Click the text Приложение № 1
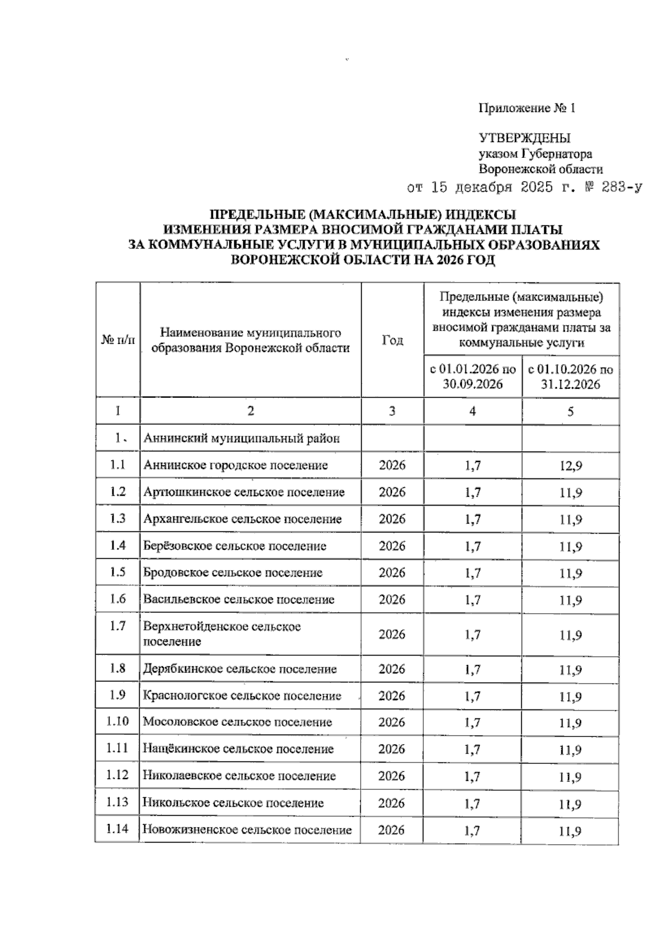pyautogui.click(x=527, y=109)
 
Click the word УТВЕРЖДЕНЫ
pyautogui.click(x=524, y=138)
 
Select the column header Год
pyautogui.click(x=392, y=340)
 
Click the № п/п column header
pyautogui.click(x=118, y=340)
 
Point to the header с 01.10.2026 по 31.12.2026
pyautogui.click(x=570, y=376)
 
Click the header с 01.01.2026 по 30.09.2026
pyautogui.click(x=472, y=376)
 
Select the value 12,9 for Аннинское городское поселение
pyautogui.click(x=570, y=465)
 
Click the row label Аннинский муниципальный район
pyautogui.click(x=242, y=439)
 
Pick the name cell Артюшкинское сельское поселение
pyautogui.click(x=244, y=492)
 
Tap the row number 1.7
pyautogui.click(x=117, y=626)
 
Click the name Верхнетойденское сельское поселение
pyautogui.click(x=222, y=634)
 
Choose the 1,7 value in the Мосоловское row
pyautogui.click(x=472, y=723)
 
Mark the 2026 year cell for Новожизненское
pyautogui.click(x=391, y=830)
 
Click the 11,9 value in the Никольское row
pyautogui.click(x=570, y=804)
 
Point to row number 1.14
pyautogui.click(x=117, y=829)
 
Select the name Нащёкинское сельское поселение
pyautogui.click(x=238, y=749)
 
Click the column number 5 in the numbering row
pyautogui.click(x=570, y=412)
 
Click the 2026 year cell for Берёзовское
pyautogui.click(x=392, y=546)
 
